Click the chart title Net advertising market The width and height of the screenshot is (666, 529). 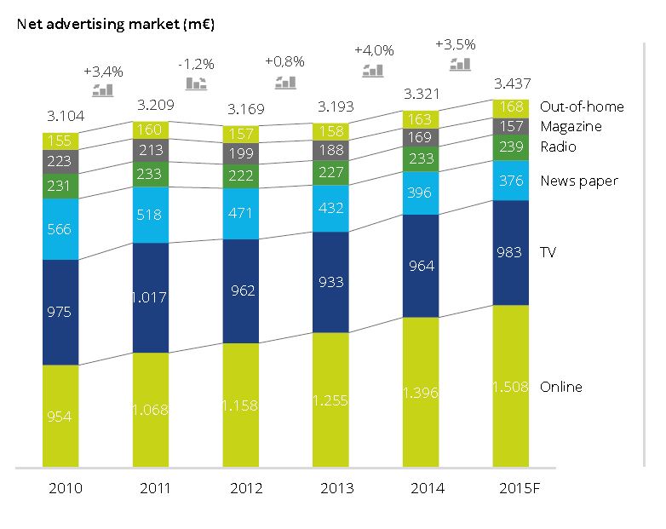(x=115, y=24)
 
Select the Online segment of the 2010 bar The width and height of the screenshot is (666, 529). (x=60, y=416)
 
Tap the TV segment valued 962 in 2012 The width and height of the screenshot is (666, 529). (x=240, y=290)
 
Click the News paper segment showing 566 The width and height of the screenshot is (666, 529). (x=60, y=229)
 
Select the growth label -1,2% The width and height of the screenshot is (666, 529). (x=195, y=65)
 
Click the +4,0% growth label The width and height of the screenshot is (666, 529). (x=375, y=50)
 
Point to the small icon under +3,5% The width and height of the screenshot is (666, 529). (x=461, y=64)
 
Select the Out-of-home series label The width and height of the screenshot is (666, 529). (x=582, y=106)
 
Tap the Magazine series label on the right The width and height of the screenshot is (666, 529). (x=571, y=126)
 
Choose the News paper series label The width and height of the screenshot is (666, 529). (x=578, y=181)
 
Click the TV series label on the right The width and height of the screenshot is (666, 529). (x=548, y=252)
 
